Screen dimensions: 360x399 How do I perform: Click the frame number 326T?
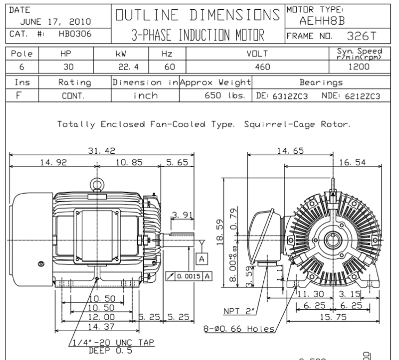click(361, 36)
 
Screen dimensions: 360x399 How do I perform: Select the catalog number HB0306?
click(75, 34)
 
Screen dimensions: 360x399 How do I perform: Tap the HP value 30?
click(68, 67)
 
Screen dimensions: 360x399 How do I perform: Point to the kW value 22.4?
click(128, 67)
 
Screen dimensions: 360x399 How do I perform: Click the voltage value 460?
click(262, 67)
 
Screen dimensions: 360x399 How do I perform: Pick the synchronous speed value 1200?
click(359, 67)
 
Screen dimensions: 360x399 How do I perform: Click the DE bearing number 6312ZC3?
click(290, 96)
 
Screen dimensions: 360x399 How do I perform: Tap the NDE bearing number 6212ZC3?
click(362, 96)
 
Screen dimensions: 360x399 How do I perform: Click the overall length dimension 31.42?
click(102, 151)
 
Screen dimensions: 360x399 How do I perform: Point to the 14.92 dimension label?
click(53, 163)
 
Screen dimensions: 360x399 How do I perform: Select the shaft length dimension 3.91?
click(182, 215)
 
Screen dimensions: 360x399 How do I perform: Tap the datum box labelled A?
click(202, 259)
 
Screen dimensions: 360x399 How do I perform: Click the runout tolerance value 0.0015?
click(189, 276)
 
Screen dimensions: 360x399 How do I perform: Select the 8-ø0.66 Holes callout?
click(239, 329)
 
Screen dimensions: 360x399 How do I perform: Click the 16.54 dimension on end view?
click(352, 163)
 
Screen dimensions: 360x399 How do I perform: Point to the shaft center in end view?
click(333, 240)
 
